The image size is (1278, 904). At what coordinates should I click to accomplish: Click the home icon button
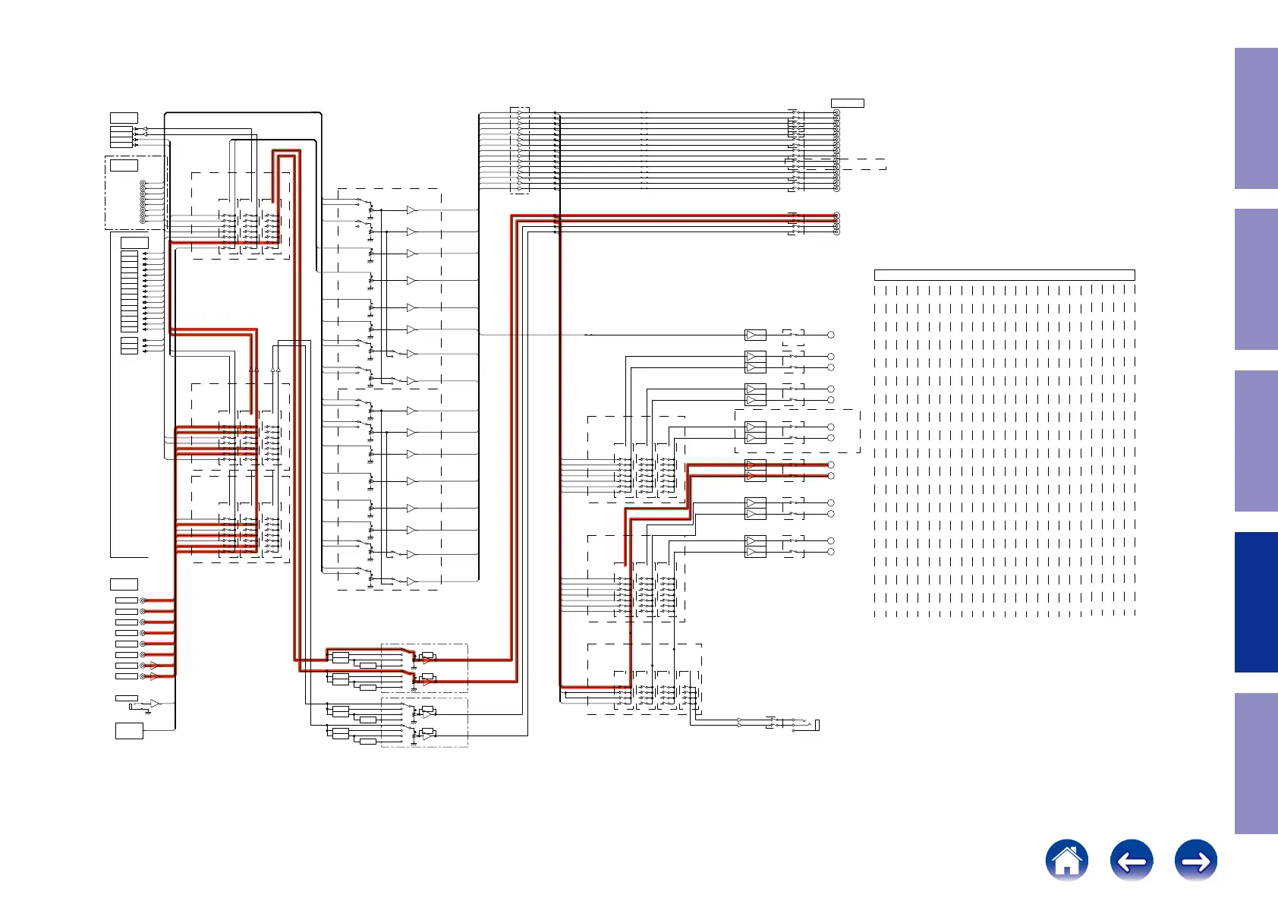(x=1066, y=861)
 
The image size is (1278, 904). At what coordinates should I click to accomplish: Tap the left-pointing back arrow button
(x=1131, y=861)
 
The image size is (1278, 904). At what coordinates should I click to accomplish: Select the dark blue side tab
(x=1255, y=602)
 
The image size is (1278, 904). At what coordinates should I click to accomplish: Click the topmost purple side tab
(x=1255, y=118)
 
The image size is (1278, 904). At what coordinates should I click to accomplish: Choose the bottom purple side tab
(x=1255, y=764)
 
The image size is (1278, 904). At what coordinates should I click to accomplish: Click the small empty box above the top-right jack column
(x=847, y=103)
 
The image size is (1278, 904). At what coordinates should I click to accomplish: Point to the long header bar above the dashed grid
(x=1004, y=275)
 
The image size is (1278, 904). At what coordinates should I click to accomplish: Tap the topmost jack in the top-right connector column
(x=836, y=113)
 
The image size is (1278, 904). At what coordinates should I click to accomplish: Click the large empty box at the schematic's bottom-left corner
(x=129, y=731)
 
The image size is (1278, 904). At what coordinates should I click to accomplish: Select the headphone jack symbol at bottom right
(x=817, y=725)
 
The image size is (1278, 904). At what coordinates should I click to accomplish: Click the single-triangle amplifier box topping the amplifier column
(x=755, y=335)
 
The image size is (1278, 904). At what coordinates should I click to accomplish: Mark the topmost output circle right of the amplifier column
(x=831, y=335)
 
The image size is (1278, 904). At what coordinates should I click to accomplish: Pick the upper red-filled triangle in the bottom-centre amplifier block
(x=427, y=660)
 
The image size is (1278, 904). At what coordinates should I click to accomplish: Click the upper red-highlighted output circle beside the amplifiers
(x=831, y=465)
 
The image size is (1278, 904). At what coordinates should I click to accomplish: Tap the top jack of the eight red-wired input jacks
(x=143, y=600)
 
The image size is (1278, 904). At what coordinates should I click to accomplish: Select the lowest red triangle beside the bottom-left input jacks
(x=154, y=676)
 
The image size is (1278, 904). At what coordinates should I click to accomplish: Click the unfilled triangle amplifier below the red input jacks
(x=154, y=704)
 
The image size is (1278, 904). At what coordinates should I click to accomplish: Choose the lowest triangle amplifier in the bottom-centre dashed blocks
(x=427, y=735)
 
